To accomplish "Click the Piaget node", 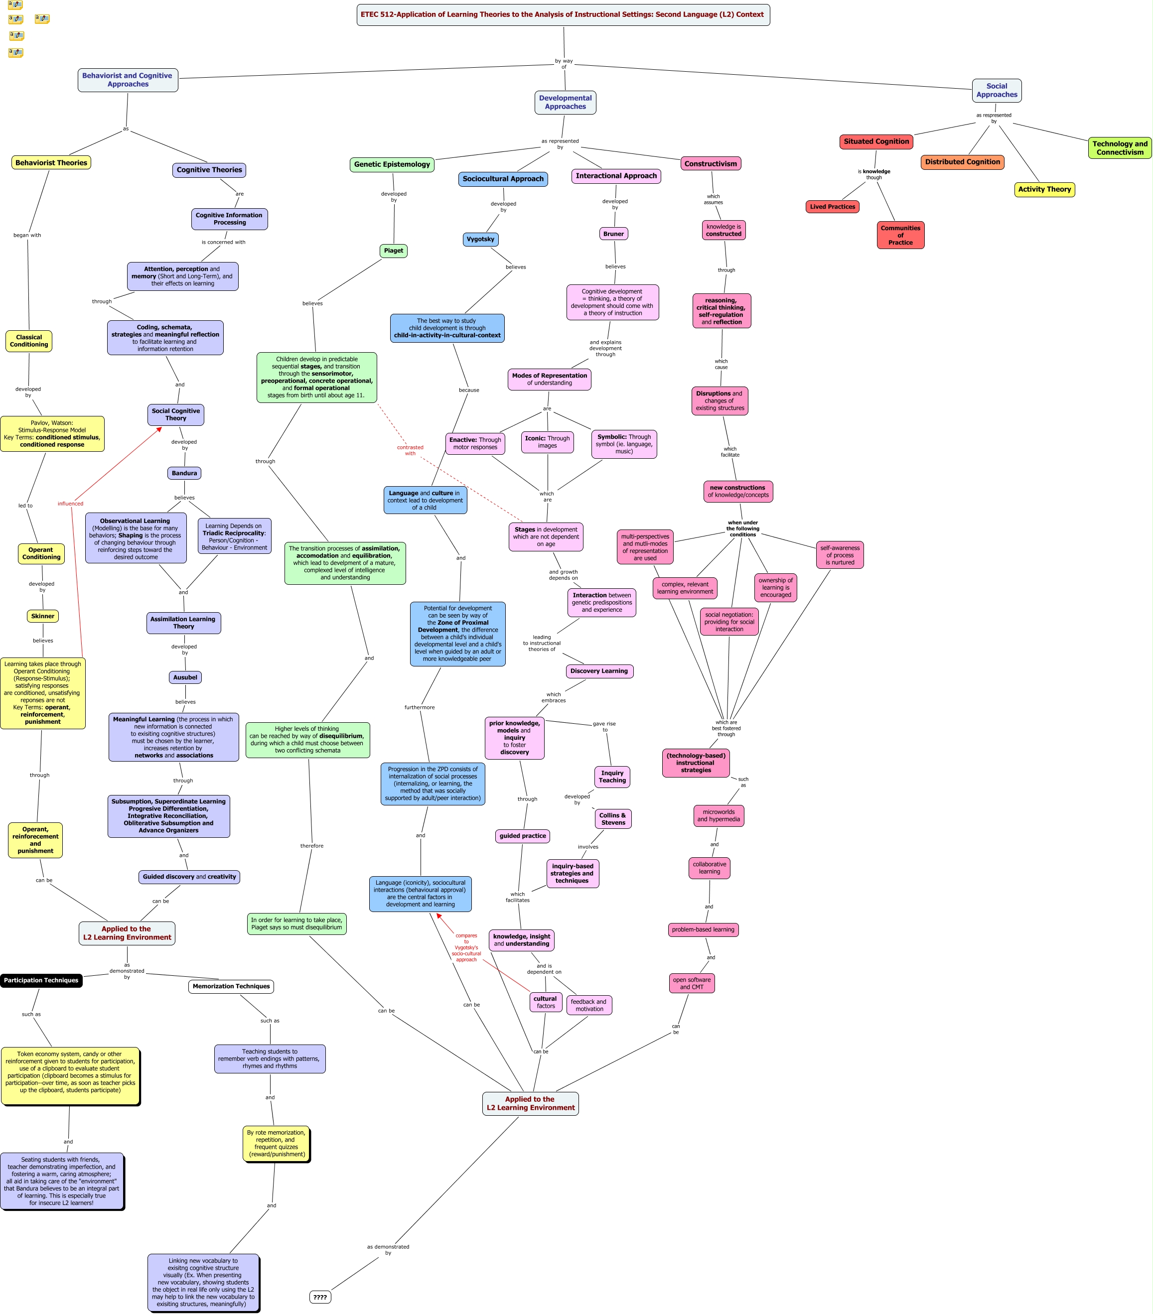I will [x=393, y=251].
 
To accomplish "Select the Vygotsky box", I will [x=480, y=239].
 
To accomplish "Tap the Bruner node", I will [x=613, y=234].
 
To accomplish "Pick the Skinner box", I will [x=43, y=616].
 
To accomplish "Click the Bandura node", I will [x=184, y=473].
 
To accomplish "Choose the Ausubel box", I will [x=185, y=677].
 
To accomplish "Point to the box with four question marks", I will [x=320, y=1297].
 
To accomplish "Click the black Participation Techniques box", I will [x=41, y=980].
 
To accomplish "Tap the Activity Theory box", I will [x=1044, y=190].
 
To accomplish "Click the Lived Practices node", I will [x=832, y=207].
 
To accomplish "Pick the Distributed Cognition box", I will [x=962, y=162].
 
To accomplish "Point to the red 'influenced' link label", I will [x=70, y=504].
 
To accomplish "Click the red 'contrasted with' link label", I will [x=410, y=450].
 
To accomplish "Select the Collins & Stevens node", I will [x=613, y=819].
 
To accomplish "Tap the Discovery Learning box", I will [x=599, y=671].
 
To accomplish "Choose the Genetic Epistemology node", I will [x=392, y=164].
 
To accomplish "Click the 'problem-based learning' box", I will [x=703, y=929].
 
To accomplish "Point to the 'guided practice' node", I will [x=522, y=836].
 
